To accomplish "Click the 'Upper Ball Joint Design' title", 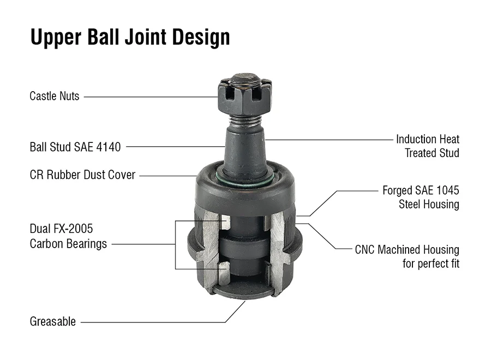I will click(x=129, y=37).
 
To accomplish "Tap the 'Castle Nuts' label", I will click(x=54, y=97).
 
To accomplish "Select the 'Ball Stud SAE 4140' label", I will click(x=75, y=146).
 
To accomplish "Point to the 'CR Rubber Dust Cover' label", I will click(x=82, y=176).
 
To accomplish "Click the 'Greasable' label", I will click(x=52, y=322).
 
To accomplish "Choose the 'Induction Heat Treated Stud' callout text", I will click(x=427, y=146).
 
